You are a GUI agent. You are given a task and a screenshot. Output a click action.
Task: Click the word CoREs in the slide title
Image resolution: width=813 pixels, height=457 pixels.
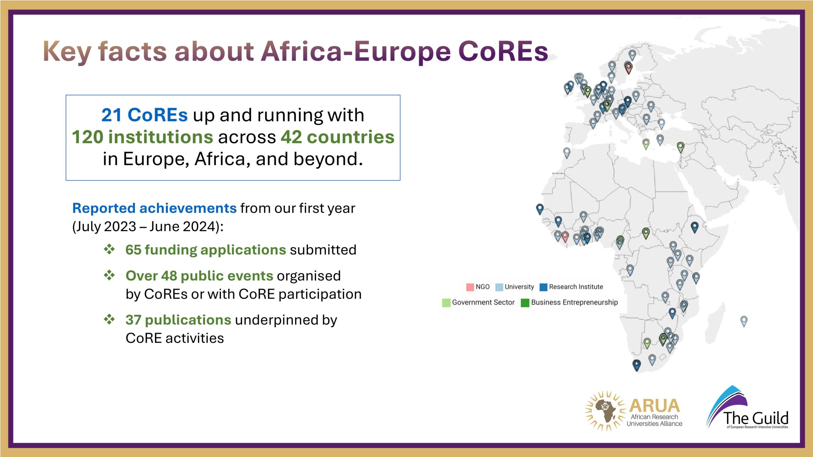coord(503,51)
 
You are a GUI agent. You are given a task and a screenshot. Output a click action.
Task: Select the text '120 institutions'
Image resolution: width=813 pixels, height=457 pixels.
coord(143,137)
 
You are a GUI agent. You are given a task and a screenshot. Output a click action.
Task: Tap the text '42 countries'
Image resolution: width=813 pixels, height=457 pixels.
coord(338,137)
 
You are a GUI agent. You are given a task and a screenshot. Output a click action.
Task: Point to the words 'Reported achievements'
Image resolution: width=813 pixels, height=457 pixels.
coord(154,208)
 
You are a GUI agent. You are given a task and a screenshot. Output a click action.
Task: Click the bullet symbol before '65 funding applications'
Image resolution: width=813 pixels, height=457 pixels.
coord(109,249)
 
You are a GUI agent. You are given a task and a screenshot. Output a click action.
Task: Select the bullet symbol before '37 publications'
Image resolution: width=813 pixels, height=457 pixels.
coord(109,320)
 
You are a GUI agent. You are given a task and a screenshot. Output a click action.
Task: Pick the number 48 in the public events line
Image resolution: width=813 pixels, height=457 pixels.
coord(169,276)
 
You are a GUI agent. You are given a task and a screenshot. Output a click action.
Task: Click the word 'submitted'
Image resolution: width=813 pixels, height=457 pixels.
coord(323,250)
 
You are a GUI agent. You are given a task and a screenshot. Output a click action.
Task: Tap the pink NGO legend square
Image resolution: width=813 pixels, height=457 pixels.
coord(470,287)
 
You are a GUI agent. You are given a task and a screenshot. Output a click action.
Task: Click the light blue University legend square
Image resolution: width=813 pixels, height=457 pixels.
coord(499,287)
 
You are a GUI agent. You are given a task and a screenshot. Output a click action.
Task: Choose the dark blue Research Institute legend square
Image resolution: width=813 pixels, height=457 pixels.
coord(544,287)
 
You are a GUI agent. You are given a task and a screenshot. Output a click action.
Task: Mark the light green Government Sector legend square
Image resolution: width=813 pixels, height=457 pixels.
coord(446,303)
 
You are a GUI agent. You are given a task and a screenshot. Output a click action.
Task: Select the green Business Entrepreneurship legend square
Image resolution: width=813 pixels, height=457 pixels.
coord(525,303)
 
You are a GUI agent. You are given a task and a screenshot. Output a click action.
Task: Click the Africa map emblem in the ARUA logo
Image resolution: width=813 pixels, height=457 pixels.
coord(605,410)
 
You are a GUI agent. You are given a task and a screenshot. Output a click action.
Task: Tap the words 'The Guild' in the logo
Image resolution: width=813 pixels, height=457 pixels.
coord(756,418)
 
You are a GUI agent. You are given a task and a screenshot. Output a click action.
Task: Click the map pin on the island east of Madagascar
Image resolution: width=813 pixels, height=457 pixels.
coord(744,321)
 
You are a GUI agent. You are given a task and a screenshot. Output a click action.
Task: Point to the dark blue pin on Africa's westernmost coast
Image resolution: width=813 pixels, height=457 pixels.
coord(540,209)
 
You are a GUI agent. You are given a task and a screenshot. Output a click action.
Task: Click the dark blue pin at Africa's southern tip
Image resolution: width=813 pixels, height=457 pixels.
coord(636,365)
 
